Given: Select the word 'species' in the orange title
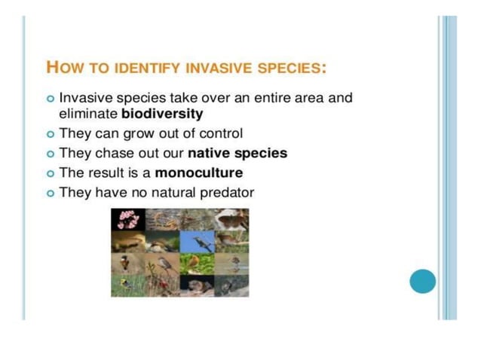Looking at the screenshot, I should click(291, 67).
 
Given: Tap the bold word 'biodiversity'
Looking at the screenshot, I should click(162, 114).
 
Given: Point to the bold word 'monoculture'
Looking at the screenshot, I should click(198, 172).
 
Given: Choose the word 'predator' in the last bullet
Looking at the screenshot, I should click(227, 192).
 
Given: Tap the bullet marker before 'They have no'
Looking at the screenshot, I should click(51, 193).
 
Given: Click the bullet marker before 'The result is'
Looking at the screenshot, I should click(51, 173).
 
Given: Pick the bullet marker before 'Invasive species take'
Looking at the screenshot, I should click(51, 99).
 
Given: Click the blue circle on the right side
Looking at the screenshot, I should click(423, 282).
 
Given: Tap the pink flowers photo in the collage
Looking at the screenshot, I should click(124, 219).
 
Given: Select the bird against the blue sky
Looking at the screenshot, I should click(203, 242).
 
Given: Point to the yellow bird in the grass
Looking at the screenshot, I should click(125, 285).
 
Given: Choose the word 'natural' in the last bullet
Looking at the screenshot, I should click(176, 192).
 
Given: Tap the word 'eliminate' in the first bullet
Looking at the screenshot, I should click(88, 114).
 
